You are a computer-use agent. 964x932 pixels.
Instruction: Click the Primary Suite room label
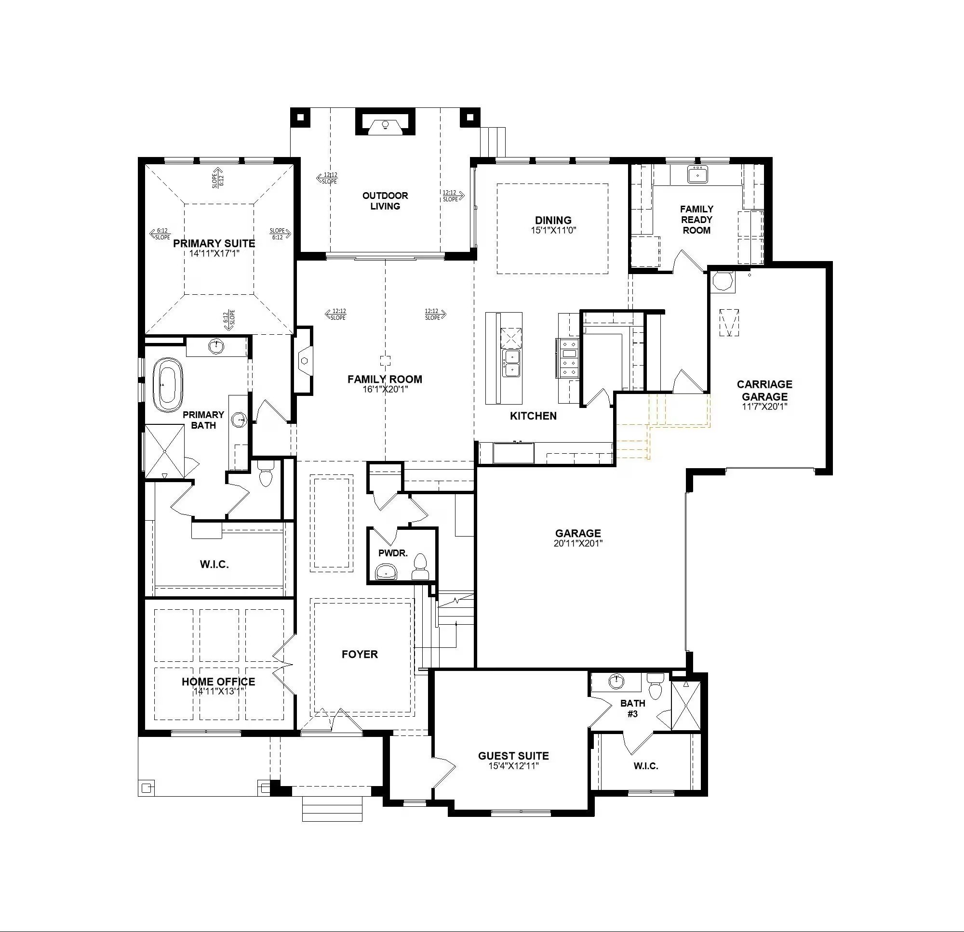click(x=214, y=243)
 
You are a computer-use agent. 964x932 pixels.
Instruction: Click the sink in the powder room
click(x=387, y=572)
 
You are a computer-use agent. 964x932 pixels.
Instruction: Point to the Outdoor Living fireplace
click(x=386, y=123)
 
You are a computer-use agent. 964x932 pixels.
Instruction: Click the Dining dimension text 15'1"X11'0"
click(x=553, y=230)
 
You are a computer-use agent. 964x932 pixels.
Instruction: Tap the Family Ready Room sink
click(x=697, y=174)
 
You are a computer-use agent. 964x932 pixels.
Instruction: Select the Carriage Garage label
click(x=764, y=390)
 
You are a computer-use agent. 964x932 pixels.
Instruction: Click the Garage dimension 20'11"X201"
click(x=578, y=543)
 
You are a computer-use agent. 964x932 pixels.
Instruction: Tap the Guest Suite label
click(x=513, y=756)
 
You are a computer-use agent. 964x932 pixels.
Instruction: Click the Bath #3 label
click(x=632, y=709)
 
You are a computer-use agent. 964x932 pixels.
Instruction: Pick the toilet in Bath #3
click(x=655, y=687)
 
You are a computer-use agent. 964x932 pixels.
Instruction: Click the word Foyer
click(x=360, y=654)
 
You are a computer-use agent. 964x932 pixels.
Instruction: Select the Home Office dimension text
click(x=218, y=691)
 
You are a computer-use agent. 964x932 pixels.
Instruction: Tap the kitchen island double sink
click(x=511, y=363)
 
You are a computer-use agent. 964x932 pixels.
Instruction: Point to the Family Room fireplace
click(x=304, y=360)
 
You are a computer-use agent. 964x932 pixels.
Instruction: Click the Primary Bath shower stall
click(x=165, y=451)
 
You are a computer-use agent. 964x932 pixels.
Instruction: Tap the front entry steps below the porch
click(x=332, y=809)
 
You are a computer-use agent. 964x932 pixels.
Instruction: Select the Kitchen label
click(x=533, y=416)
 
